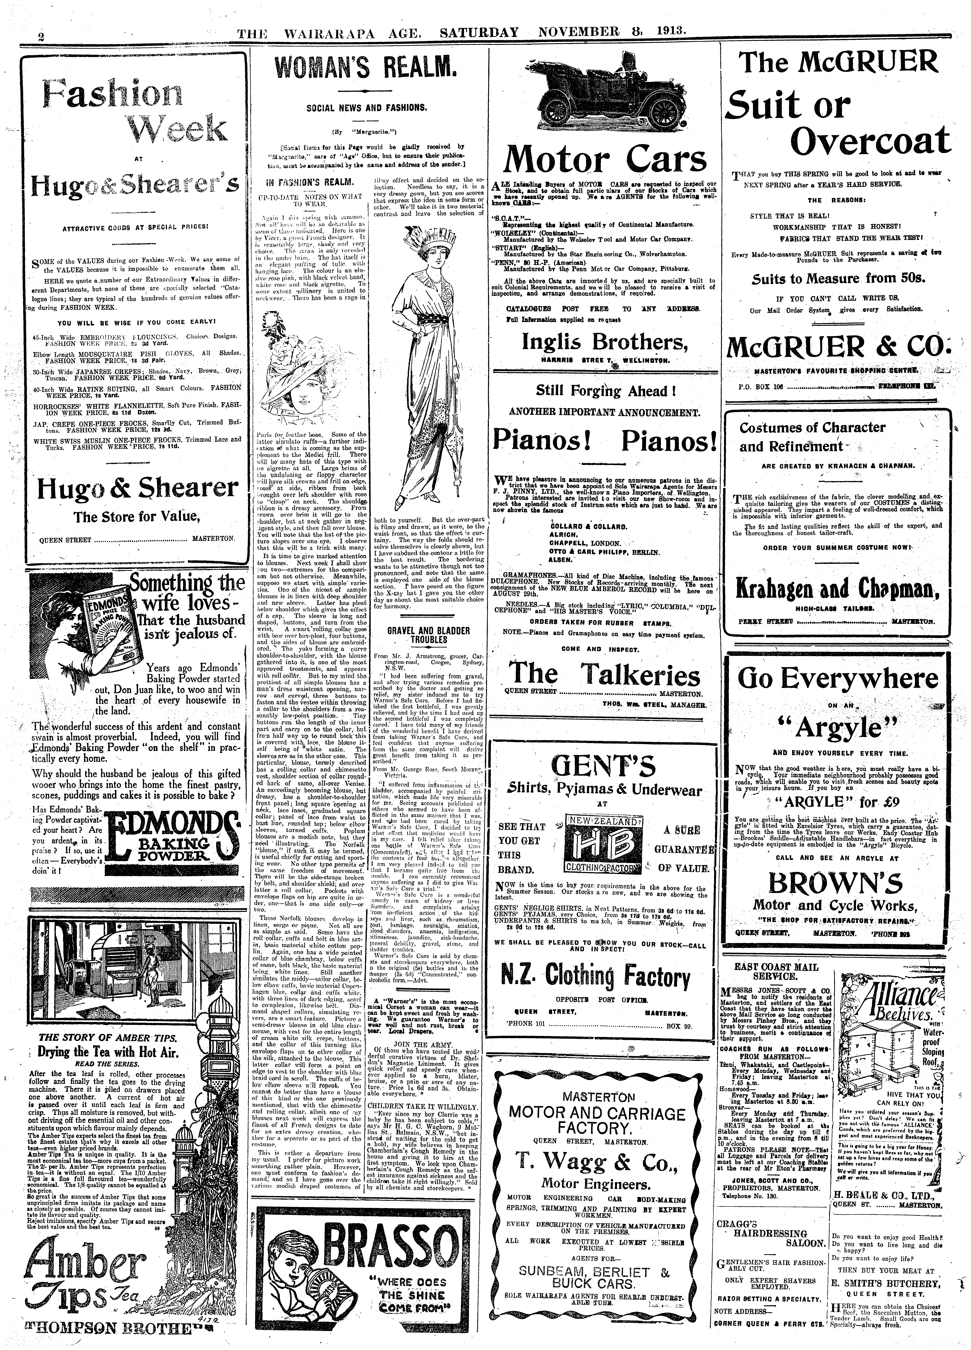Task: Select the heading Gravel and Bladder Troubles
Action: point(428,635)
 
